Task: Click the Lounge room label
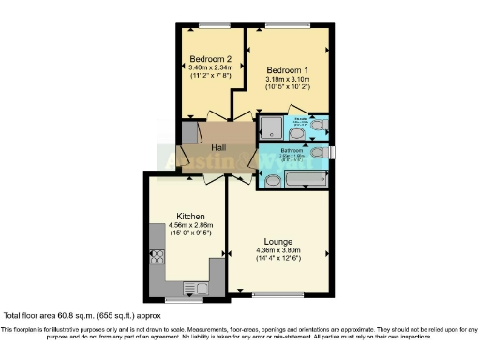[x=278, y=239]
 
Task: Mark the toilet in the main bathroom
[x=318, y=152]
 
